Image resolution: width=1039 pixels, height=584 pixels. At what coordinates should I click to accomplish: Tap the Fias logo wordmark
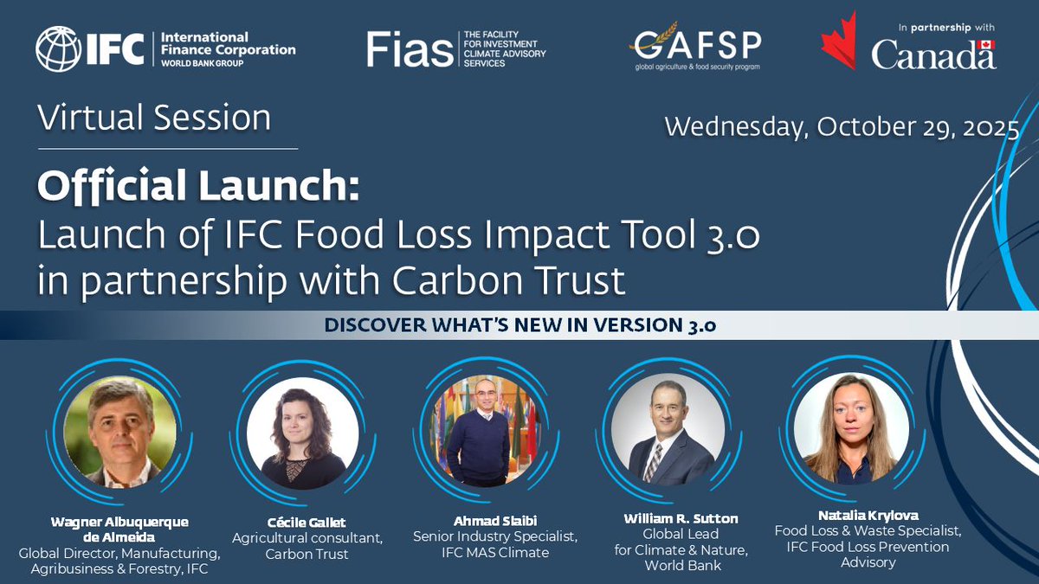point(410,48)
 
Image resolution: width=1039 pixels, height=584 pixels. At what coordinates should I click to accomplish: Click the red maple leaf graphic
point(838,40)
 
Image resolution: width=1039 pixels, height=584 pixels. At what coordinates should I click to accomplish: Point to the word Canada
point(933,54)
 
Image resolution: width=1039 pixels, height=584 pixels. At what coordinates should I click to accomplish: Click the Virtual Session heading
point(154,118)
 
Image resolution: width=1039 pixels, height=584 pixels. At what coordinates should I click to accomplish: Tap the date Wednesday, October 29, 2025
point(841,128)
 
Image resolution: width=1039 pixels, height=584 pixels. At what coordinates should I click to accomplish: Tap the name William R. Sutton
point(681,518)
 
